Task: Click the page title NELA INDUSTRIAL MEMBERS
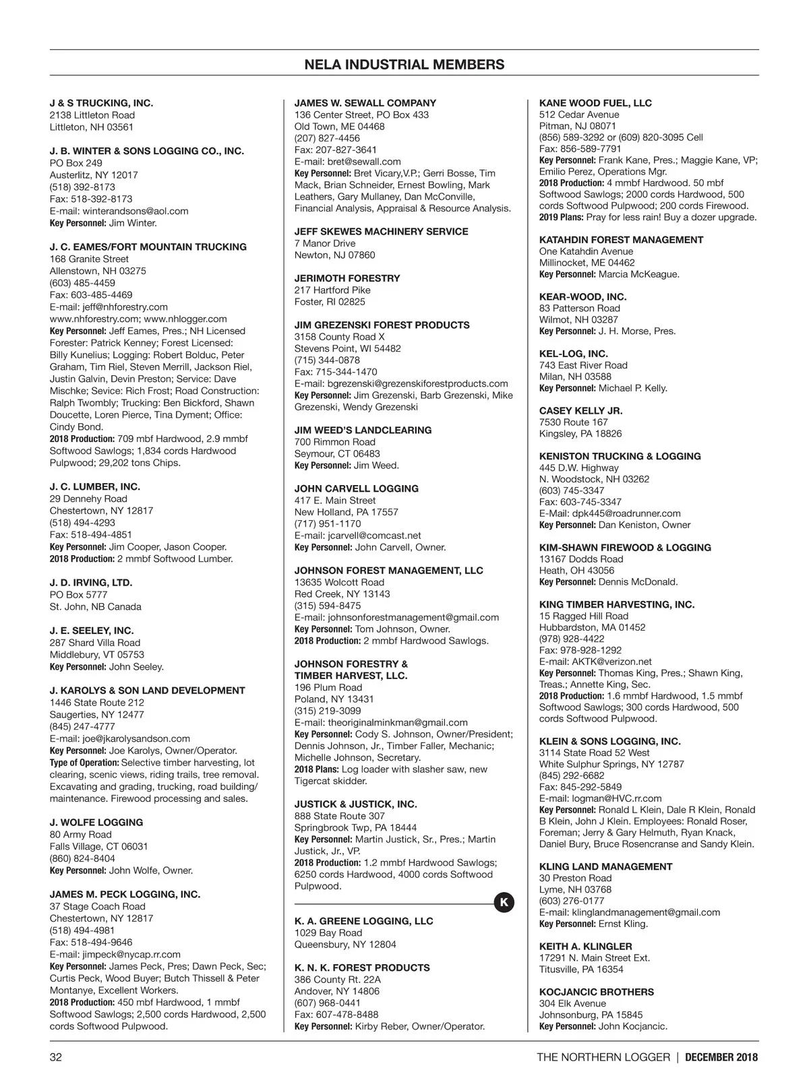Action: pyautogui.click(x=404, y=65)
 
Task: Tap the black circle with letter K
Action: pyautogui.click(x=504, y=903)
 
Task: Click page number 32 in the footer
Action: pyautogui.click(x=56, y=1057)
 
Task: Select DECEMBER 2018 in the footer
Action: pyautogui.click(x=721, y=1057)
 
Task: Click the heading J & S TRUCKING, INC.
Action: pyautogui.click(x=101, y=103)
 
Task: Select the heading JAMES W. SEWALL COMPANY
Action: pyautogui.click(x=365, y=103)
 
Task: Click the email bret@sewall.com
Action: pyautogui.click(x=364, y=162)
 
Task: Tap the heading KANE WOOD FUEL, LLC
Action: pyautogui.click(x=595, y=103)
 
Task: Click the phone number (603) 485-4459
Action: pyautogui.click(x=82, y=283)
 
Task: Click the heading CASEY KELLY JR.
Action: pyautogui.click(x=580, y=410)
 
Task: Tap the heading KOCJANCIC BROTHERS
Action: pyautogui.click(x=596, y=992)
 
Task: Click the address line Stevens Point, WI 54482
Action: pyautogui.click(x=347, y=348)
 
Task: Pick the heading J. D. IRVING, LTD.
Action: pyautogui.click(x=91, y=583)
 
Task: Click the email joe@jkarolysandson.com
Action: pyautogui.click(x=136, y=738)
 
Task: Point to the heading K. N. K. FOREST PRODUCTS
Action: pyautogui.click(x=361, y=967)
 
